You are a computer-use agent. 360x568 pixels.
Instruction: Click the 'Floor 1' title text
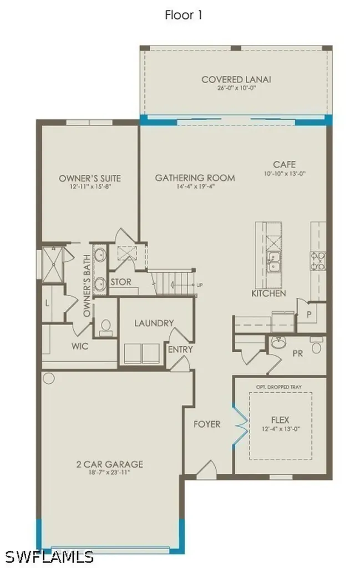tap(184, 15)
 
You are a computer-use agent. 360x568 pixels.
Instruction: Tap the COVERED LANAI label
tap(236, 79)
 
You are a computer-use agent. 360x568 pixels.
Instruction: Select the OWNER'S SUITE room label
tap(90, 178)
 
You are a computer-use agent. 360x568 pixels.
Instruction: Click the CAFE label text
tap(284, 165)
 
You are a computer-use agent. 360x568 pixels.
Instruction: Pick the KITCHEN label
tap(269, 293)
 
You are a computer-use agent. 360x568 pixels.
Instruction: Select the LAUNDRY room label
tap(154, 323)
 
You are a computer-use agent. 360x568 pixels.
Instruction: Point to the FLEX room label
tap(280, 420)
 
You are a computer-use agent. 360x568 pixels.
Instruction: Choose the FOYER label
tap(206, 424)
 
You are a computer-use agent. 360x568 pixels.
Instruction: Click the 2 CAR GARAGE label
tap(110, 464)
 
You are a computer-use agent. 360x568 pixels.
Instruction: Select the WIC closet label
tap(80, 346)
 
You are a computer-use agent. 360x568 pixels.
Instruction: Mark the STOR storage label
tap(120, 282)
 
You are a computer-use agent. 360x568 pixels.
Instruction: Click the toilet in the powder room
tap(316, 347)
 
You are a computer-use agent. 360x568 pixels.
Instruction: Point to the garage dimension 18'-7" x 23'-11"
tap(110, 473)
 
